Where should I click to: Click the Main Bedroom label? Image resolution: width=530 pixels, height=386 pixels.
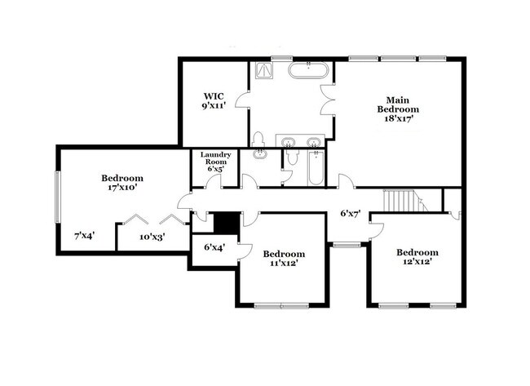tap(398, 104)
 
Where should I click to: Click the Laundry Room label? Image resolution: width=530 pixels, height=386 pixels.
tap(216, 158)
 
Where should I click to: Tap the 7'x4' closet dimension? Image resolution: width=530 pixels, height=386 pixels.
tap(83, 235)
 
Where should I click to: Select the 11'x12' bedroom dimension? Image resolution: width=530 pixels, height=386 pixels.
tap(285, 264)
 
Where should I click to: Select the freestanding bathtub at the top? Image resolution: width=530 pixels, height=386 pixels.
tap(309, 70)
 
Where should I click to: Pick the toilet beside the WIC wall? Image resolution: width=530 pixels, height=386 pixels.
tap(258, 140)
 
